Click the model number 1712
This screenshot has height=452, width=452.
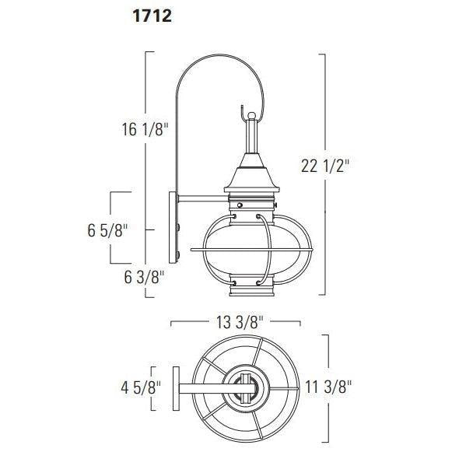coord(152,16)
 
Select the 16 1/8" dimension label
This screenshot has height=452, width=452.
coord(145,129)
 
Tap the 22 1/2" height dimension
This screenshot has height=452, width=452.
coord(325,166)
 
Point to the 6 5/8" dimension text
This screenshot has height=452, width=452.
coord(107,230)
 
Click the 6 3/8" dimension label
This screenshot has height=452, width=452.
coord(144,277)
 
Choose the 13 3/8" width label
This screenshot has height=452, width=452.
coord(240,322)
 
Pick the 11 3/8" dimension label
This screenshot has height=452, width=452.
coord(328,387)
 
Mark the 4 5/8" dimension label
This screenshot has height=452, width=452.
coord(141,387)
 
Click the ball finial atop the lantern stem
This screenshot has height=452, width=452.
coord(251,116)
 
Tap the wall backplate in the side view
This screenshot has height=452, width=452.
coord(173,227)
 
